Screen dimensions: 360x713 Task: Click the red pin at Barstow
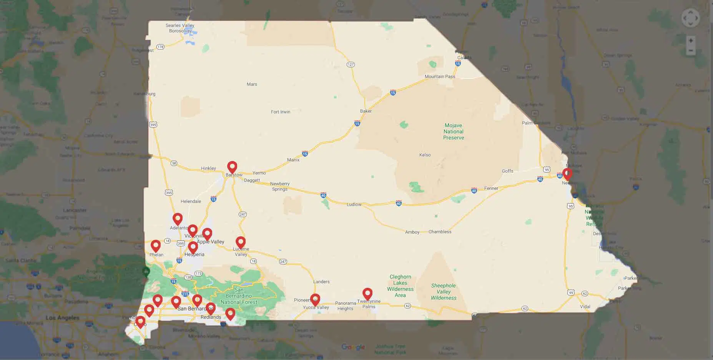coord(232,167)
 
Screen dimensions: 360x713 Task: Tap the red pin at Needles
coord(567,174)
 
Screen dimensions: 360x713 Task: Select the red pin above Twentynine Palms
coord(367,294)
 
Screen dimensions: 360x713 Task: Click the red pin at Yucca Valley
coord(315,300)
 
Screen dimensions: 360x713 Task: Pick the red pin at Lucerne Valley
coord(241,242)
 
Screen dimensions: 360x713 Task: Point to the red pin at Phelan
coord(156,246)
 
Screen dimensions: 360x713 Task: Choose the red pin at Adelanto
coord(178,219)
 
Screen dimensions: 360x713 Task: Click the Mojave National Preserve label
coord(454,131)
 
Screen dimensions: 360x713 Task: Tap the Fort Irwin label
coord(281,112)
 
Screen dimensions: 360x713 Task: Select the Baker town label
coord(366,111)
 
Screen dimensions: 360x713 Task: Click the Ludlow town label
coord(354,204)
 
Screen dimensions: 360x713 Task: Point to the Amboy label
coord(412,232)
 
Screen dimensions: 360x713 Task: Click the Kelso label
coord(425,155)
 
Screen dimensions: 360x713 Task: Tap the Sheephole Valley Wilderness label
coord(444,292)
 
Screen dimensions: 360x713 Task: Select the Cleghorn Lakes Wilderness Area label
coord(400,286)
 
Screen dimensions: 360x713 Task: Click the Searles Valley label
coord(180,25)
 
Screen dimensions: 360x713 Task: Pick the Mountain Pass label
coord(440,76)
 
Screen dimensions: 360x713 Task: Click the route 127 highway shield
coord(351,65)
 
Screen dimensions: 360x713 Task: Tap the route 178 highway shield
coord(160,47)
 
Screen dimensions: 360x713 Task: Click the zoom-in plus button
coord(691,41)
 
